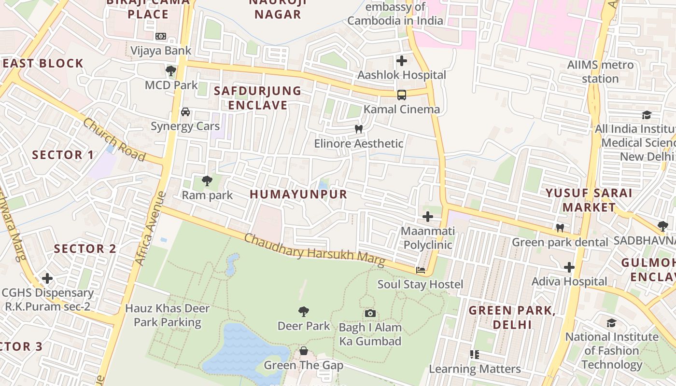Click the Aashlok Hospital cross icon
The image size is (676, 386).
tap(401, 61)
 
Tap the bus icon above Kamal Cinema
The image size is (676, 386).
tap(401, 95)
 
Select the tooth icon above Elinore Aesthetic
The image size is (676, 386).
tap(358, 129)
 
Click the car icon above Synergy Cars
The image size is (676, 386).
tap(185, 112)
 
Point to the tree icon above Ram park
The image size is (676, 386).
tap(207, 181)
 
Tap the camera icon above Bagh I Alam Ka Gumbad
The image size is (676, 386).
tap(370, 313)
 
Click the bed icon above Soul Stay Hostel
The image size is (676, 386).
tap(421, 270)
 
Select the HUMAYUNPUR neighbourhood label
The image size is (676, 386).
tap(298, 194)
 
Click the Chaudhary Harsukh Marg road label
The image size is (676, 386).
tap(314, 250)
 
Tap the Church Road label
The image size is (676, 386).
tap(114, 139)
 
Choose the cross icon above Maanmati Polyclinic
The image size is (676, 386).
tap(427, 217)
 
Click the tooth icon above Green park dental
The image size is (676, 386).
tap(560, 228)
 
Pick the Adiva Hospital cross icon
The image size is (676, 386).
tap(569, 267)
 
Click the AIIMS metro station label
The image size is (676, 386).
tap(600, 71)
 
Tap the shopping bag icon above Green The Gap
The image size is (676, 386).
tap(304, 351)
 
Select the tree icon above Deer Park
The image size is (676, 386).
tap(304, 312)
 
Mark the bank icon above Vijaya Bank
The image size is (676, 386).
tap(161, 36)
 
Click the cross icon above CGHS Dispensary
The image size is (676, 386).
tap(47, 278)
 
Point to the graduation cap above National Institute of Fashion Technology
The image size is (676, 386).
tap(612, 322)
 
